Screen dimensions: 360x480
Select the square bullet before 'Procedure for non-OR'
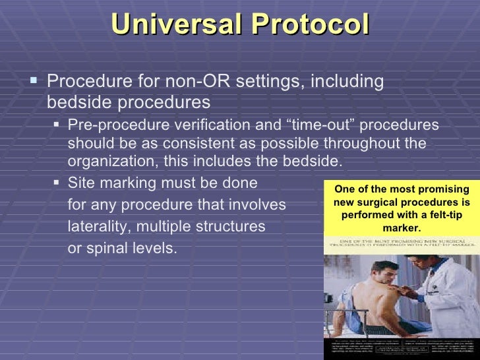(x=35, y=82)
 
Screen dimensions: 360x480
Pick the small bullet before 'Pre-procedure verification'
(x=57, y=125)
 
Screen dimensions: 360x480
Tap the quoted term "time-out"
(x=285, y=126)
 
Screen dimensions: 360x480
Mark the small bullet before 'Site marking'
(x=57, y=183)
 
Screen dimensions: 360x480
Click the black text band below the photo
(x=402, y=347)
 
